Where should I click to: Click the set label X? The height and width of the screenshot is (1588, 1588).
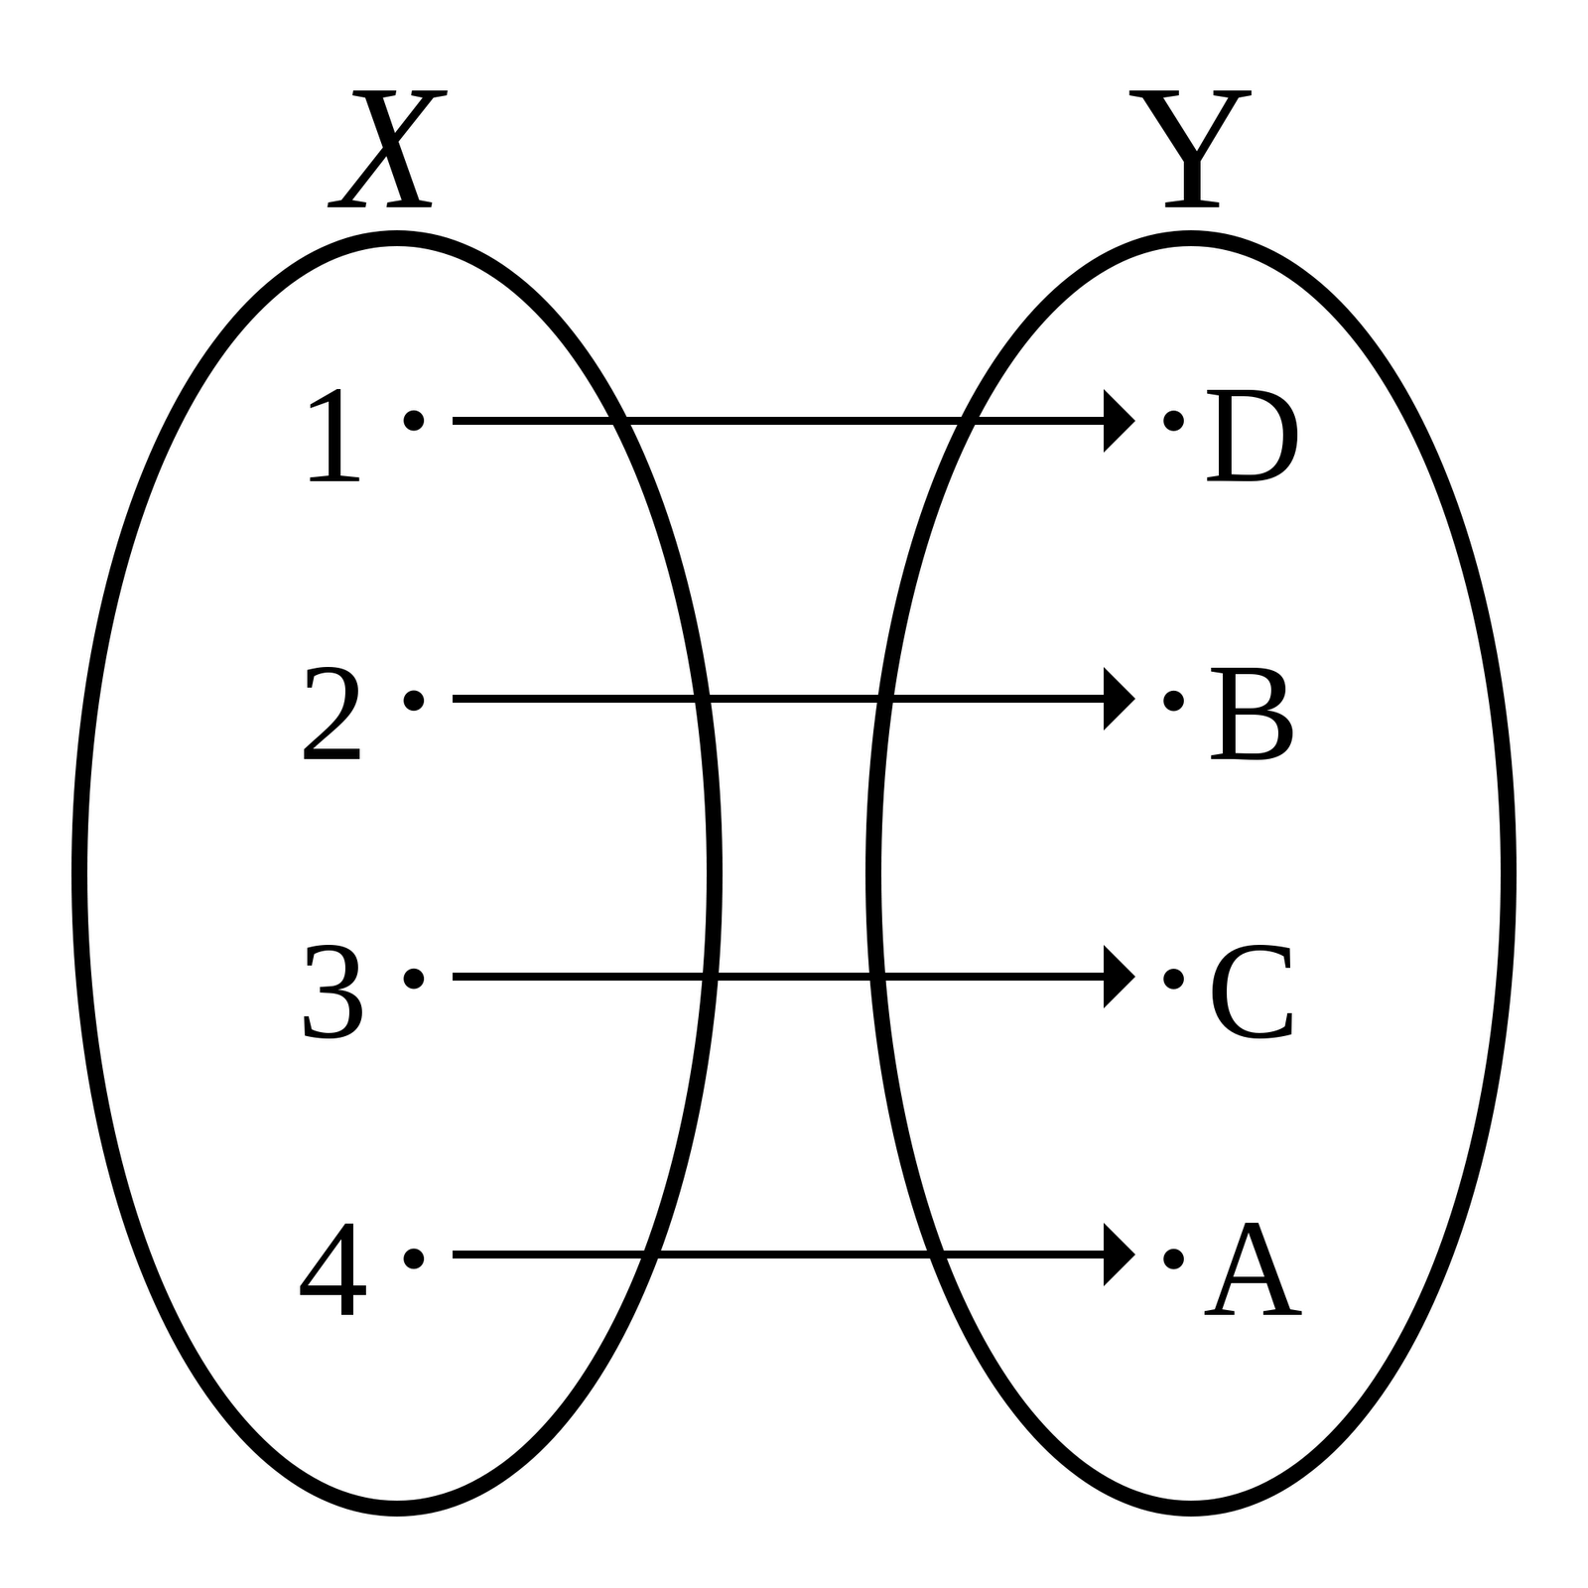[x=387, y=150]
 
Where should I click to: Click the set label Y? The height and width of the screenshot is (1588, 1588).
[x=1190, y=150]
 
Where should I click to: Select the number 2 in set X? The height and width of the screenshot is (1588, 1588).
[x=331, y=714]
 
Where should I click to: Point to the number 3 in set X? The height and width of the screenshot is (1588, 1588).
[x=332, y=992]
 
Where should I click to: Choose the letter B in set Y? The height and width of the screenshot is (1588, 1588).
[x=1252, y=714]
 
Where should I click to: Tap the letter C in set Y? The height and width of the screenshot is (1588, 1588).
[x=1252, y=992]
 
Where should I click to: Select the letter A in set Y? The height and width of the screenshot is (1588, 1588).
[x=1253, y=1270]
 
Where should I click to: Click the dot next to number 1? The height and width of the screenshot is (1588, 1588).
[x=414, y=421]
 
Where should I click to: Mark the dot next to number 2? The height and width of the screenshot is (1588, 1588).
[x=414, y=701]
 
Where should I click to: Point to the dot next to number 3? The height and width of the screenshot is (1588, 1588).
[x=414, y=979]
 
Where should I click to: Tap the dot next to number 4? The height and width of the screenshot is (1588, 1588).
[x=414, y=1258]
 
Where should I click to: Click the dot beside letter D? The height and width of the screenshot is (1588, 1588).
[x=1173, y=421]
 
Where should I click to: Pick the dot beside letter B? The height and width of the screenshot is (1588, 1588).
[x=1173, y=701]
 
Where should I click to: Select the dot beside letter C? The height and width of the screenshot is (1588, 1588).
[x=1173, y=979]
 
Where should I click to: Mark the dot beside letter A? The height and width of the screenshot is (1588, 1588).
[x=1173, y=1258]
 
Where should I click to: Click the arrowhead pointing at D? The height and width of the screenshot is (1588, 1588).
[x=1117, y=421]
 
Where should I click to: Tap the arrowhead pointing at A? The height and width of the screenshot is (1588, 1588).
[x=1117, y=1255]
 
